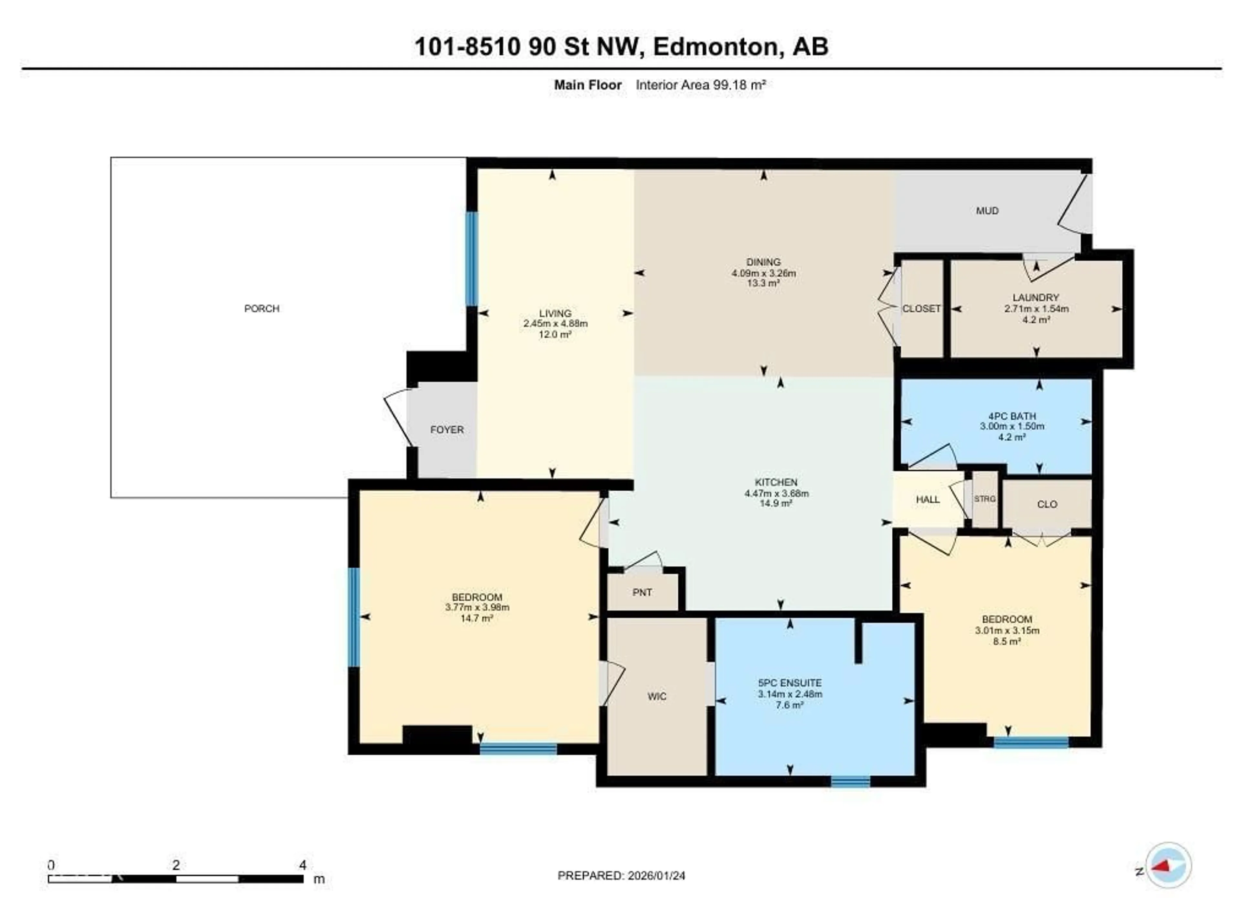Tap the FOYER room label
coord(447,430)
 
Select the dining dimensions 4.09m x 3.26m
coord(763,273)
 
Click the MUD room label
coord(987,211)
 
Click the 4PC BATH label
coord(1012,416)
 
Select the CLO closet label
coord(1047,504)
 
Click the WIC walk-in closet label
coord(657,696)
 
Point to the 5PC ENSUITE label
coord(790,683)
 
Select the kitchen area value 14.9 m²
coord(776,503)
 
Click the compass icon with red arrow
coord(1168,865)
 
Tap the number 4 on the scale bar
coord(302,865)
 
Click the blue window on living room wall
coord(471,259)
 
